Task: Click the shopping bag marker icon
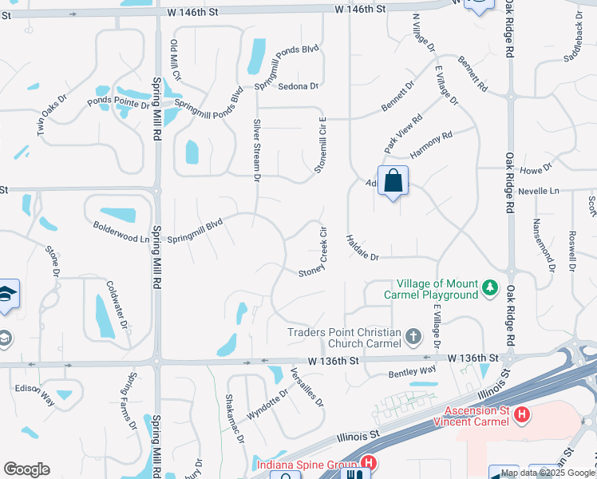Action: [x=393, y=181]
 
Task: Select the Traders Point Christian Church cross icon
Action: [x=413, y=336]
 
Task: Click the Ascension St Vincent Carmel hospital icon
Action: [x=522, y=414]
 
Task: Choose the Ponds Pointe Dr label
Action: [x=118, y=102]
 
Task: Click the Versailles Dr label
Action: [x=306, y=386]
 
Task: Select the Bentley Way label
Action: [x=412, y=371]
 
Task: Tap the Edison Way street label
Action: [x=34, y=390]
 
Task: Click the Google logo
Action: [x=26, y=469]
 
